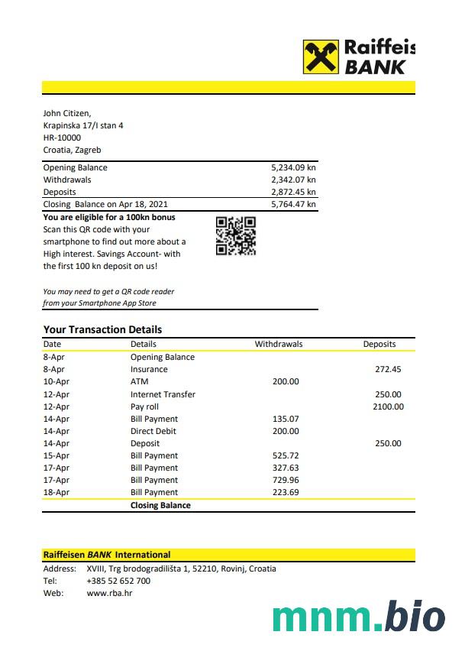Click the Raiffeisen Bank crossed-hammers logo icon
(321, 57)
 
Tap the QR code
(235, 235)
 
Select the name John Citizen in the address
(67, 113)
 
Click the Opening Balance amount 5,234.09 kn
(293, 167)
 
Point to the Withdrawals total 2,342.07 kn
(293, 180)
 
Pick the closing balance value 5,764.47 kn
(293, 204)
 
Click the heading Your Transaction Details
(102, 329)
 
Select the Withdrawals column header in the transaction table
(278, 344)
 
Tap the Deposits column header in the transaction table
(379, 344)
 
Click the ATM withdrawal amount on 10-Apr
(286, 381)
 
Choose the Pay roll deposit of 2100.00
(387, 406)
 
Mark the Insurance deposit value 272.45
(388, 369)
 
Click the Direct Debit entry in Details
(153, 431)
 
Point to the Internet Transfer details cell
(163, 394)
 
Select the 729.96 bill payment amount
(286, 480)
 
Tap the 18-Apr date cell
(57, 492)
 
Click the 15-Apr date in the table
(57, 455)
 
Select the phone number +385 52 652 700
(118, 581)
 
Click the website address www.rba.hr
(109, 593)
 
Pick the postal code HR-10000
(62, 138)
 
